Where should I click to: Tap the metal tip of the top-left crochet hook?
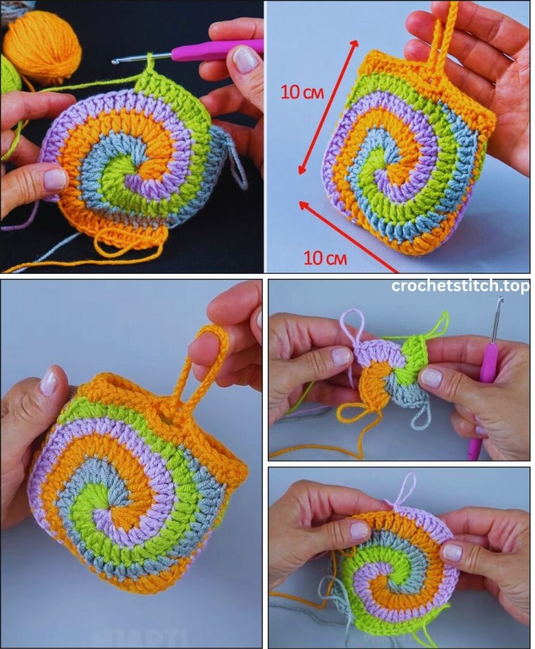click(x=115, y=61)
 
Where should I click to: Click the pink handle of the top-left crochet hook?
click(x=217, y=49)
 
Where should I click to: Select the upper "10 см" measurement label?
click(x=302, y=92)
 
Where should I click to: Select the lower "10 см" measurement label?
click(x=325, y=258)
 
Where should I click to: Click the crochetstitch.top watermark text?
click(x=460, y=286)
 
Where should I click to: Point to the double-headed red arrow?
click(x=328, y=106)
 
